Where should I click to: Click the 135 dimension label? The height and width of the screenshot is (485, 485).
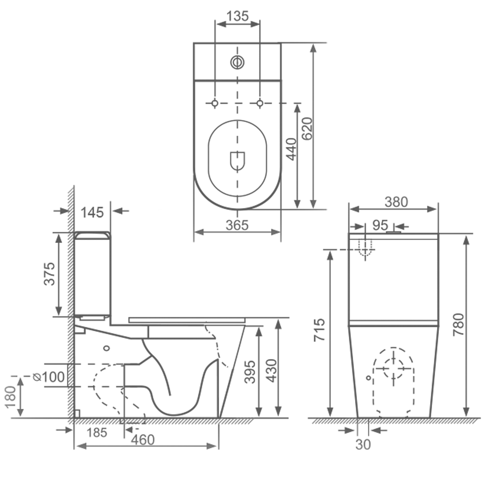[x=237, y=16]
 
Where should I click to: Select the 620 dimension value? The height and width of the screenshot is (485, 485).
[x=307, y=129]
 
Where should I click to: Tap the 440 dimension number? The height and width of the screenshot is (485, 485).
[x=291, y=149]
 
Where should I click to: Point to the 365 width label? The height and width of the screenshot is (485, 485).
[x=237, y=225]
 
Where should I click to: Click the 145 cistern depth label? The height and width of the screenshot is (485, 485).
[x=92, y=213]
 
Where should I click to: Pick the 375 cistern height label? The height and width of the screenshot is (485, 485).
[x=49, y=274]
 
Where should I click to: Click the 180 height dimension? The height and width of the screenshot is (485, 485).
[x=10, y=397]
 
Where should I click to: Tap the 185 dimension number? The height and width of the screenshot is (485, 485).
[x=97, y=433]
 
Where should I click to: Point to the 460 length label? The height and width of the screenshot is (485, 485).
[x=143, y=439]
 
